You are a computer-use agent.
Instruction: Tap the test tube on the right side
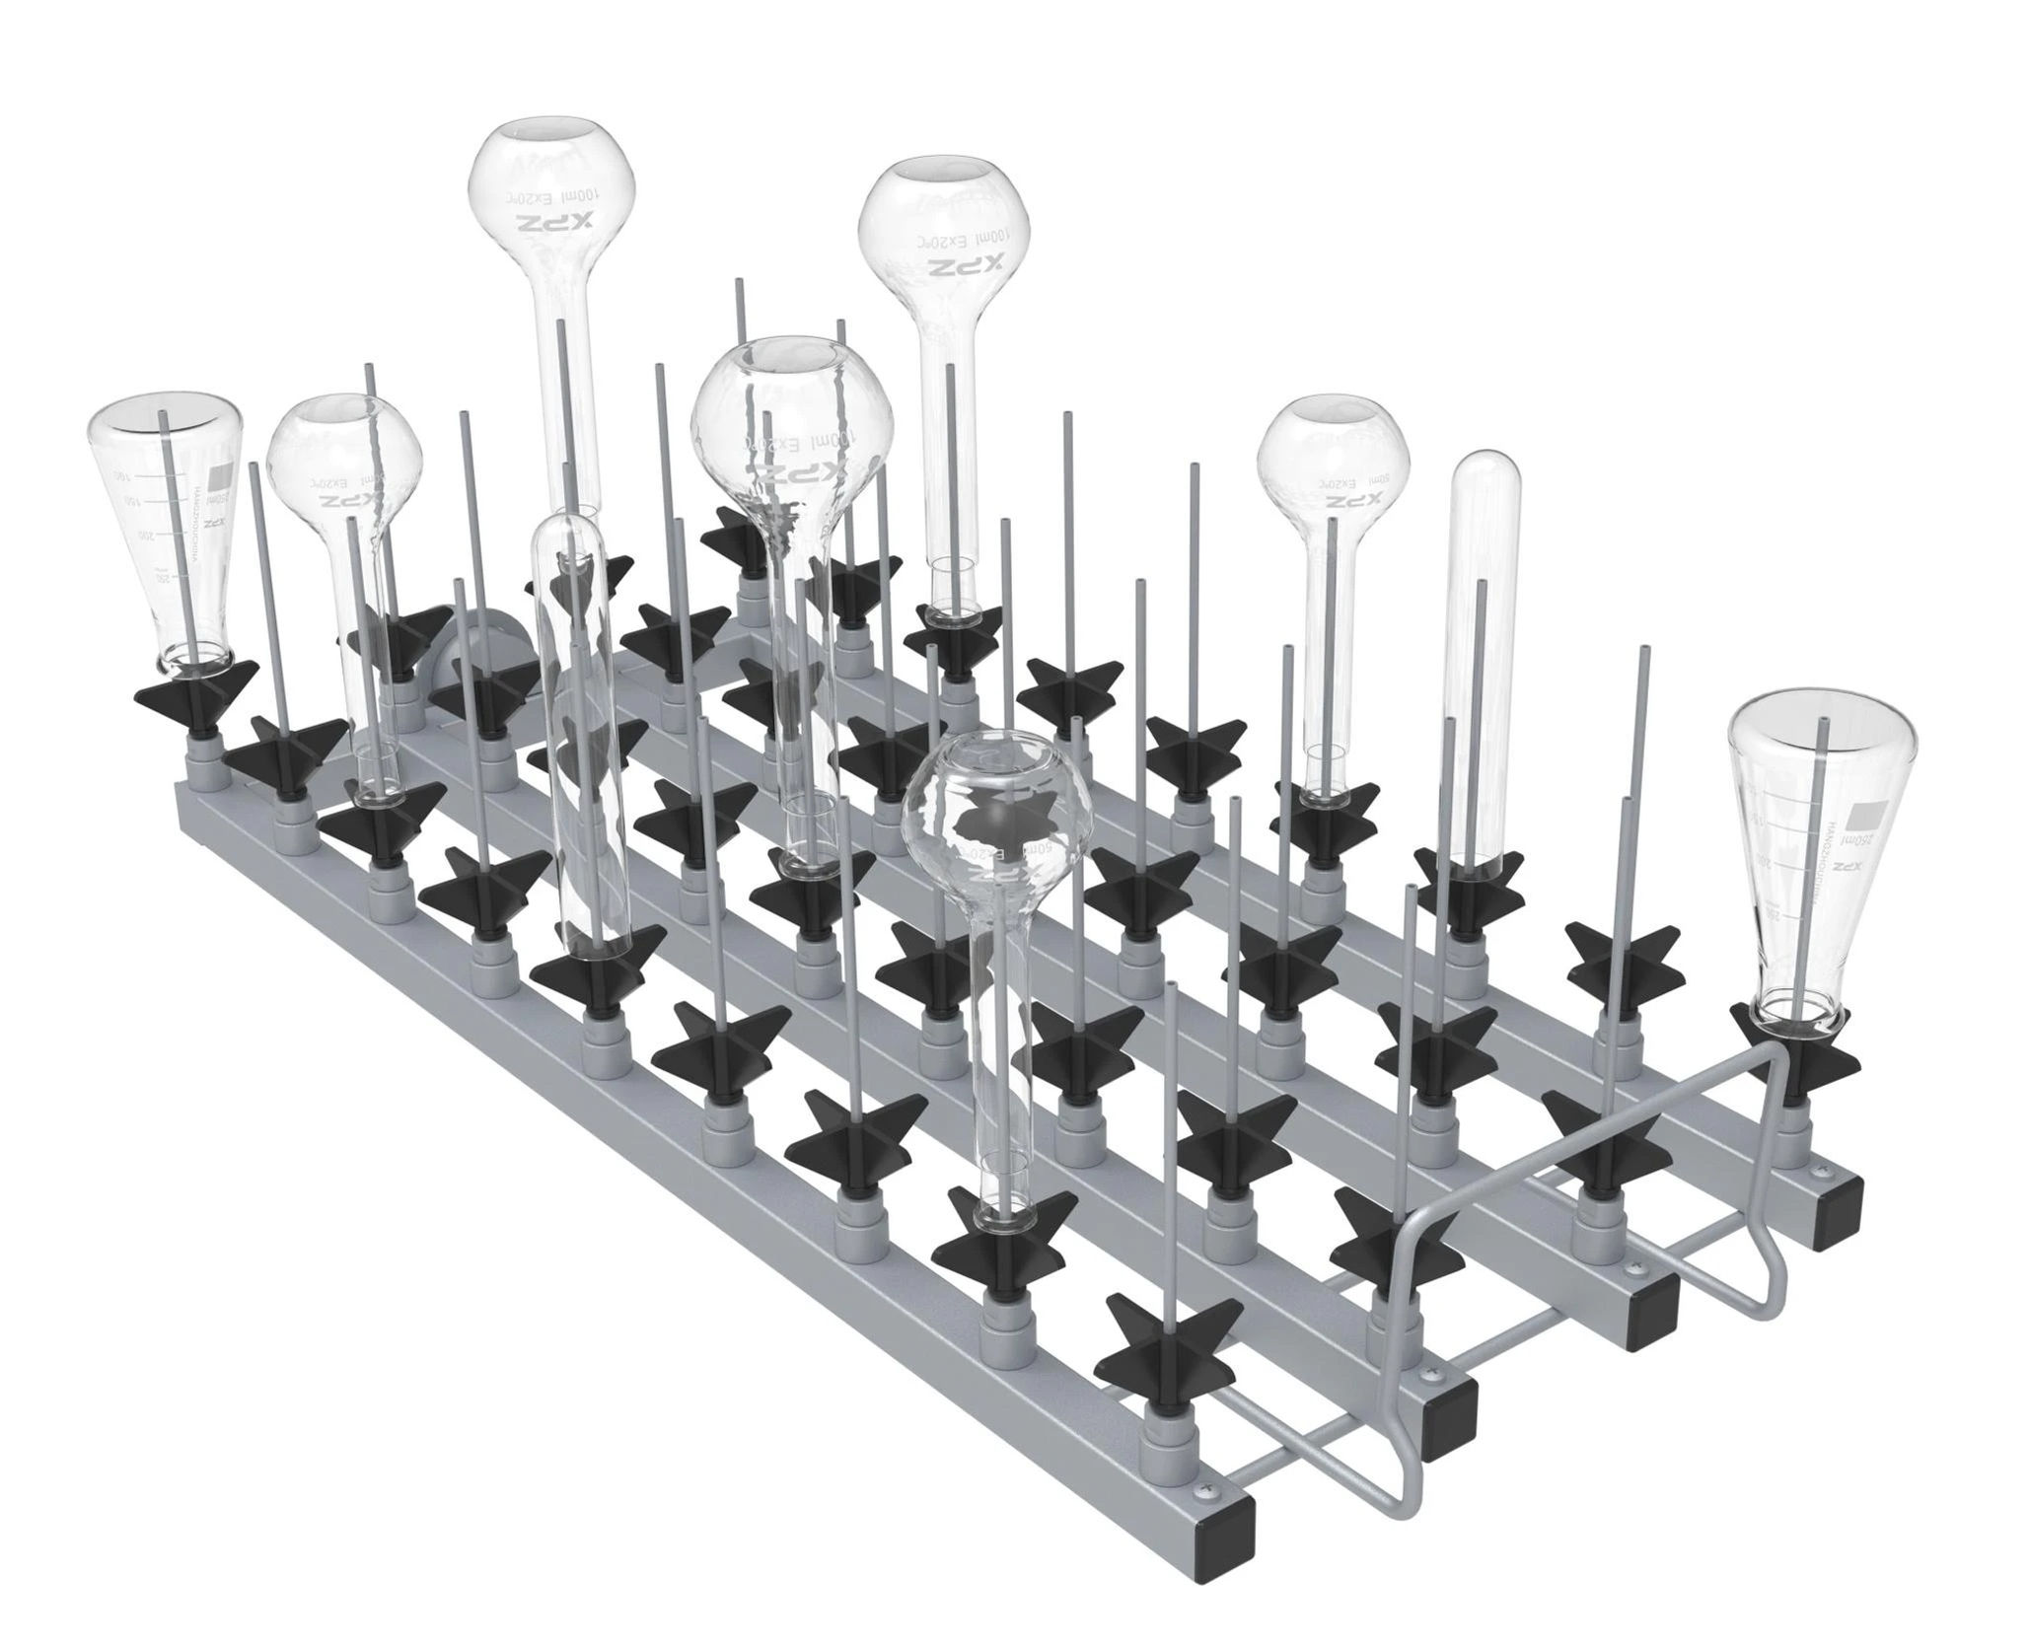point(1488,651)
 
